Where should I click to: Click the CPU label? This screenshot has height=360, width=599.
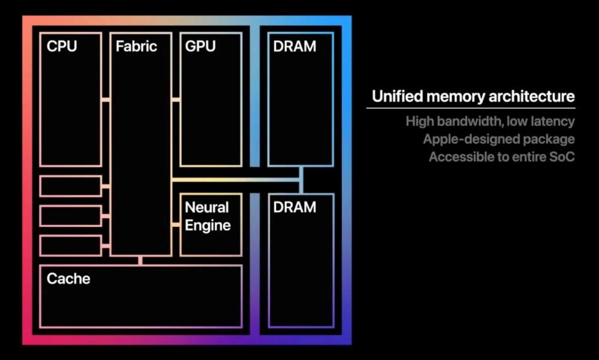point(62,46)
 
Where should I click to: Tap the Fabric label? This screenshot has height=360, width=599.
point(137,46)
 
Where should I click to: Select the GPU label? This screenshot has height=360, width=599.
point(200,46)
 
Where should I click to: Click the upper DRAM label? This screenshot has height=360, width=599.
point(294,46)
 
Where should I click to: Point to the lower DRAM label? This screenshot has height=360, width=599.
point(294,207)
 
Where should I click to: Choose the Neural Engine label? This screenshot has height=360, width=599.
point(207,216)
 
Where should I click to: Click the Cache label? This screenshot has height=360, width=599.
point(68,279)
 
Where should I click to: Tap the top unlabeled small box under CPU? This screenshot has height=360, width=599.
point(71,186)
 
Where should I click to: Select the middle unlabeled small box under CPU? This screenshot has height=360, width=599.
point(71,216)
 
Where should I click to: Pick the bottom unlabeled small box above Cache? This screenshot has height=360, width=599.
point(71,246)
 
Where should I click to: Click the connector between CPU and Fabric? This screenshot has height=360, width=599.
point(105,99)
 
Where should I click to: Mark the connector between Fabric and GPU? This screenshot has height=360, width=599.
point(176,99)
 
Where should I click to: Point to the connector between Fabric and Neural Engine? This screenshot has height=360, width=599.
point(176,225)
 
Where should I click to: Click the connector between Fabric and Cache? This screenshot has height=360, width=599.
point(140,260)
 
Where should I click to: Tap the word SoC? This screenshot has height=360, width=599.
point(561,158)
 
